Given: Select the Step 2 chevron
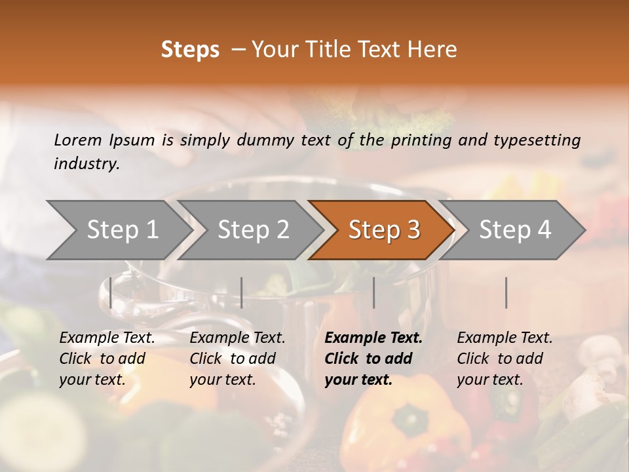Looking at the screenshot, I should (x=252, y=230).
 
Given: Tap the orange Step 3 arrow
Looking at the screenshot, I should (x=383, y=230).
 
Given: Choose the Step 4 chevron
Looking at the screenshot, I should (x=514, y=230).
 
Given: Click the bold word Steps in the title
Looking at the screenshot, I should (x=190, y=49).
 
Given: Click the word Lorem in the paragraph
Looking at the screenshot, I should (x=77, y=140).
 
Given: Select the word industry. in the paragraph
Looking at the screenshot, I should (x=86, y=163).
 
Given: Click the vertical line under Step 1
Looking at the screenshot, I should (x=111, y=292).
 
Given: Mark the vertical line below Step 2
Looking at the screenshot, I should (x=242, y=292).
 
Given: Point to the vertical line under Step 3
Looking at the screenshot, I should (x=373, y=292).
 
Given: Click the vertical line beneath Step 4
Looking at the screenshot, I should (x=506, y=292).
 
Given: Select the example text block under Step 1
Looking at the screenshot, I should (x=107, y=359).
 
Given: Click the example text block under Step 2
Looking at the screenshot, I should (x=237, y=359).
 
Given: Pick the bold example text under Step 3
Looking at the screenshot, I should (x=373, y=359).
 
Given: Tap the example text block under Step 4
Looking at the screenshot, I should (x=505, y=359).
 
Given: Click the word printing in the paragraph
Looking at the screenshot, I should (x=415, y=140).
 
